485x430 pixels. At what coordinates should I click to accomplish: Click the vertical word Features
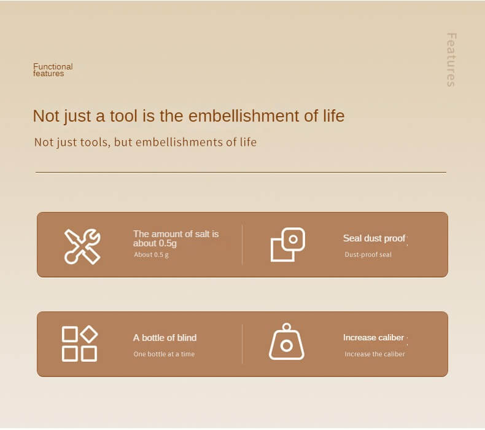451,60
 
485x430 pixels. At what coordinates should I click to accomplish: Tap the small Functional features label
53,70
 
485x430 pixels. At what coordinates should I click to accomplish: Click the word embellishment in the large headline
244,116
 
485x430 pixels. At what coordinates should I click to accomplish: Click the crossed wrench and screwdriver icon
82,246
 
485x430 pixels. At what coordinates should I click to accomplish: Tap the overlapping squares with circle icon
288,244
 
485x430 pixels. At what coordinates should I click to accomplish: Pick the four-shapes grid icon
80,343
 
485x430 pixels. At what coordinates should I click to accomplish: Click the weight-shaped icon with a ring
287,342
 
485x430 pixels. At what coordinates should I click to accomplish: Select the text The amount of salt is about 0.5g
176,238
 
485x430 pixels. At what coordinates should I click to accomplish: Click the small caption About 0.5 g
151,254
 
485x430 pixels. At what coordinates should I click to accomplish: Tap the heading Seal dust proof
374,238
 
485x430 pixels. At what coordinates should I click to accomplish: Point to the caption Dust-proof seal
368,254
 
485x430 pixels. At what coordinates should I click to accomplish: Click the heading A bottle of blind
165,337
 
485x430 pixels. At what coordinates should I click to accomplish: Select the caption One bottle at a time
164,354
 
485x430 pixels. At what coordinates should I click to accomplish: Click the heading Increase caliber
373,337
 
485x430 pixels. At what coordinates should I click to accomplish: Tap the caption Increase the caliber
374,354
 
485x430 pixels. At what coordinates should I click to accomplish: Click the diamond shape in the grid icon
90,334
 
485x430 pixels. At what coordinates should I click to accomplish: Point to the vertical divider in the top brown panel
242,245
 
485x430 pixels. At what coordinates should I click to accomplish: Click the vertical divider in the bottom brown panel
242,344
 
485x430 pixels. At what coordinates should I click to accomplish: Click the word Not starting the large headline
46,116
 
